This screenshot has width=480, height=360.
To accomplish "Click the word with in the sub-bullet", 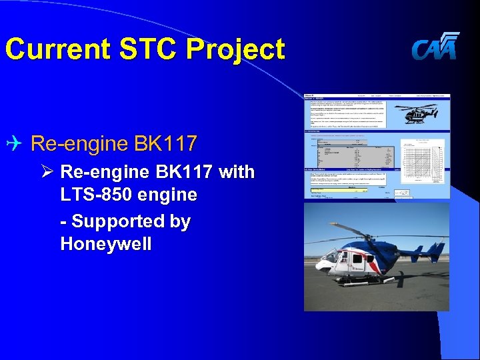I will [x=237, y=172].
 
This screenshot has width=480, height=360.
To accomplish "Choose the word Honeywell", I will [x=106, y=244].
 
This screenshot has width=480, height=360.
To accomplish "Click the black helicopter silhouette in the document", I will [x=425, y=113].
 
